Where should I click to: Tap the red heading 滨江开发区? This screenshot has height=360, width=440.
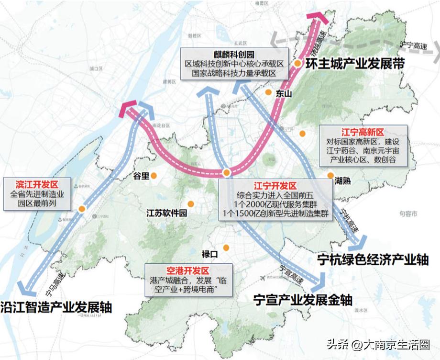(37, 184)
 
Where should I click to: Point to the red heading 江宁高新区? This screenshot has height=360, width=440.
(363, 131)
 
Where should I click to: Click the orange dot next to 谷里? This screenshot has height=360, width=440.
(154, 176)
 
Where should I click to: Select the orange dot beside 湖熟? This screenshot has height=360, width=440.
(330, 175)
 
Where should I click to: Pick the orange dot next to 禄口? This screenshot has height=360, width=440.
(225, 247)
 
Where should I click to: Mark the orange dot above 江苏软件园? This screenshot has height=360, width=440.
(191, 203)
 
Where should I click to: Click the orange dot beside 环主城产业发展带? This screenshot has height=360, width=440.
(297, 63)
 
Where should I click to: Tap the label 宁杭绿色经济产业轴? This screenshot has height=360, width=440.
(373, 259)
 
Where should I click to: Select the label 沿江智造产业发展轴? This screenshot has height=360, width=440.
(56, 307)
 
